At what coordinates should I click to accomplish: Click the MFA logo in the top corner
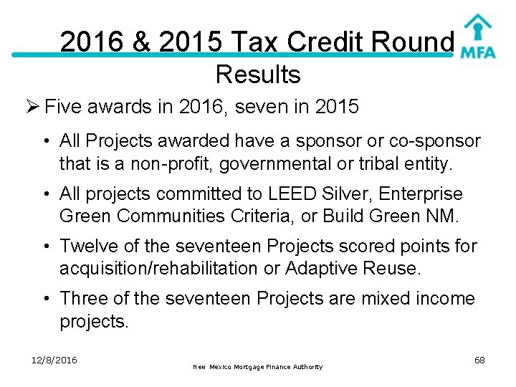point(478,37)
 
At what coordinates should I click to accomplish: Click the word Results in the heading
point(257,74)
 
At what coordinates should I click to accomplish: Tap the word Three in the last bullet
point(85,298)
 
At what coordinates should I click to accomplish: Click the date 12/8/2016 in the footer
point(55,360)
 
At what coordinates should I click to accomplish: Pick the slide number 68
point(479,360)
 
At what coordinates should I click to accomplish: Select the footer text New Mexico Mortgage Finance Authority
point(257,367)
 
